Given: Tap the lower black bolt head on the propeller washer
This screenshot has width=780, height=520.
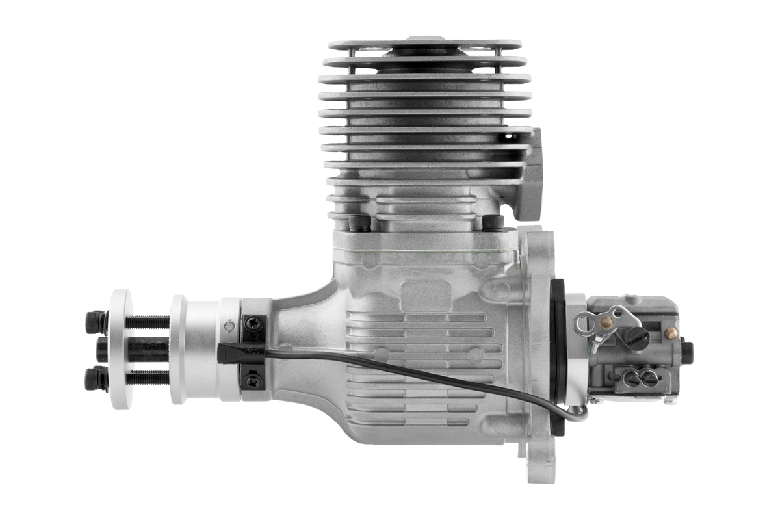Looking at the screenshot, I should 96,378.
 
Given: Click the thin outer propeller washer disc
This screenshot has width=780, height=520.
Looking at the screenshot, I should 120,350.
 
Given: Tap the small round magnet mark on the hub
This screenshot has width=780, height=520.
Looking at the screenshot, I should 227,326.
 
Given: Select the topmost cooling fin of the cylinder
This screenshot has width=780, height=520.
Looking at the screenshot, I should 425,45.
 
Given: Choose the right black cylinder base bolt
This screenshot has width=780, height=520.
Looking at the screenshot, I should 493,222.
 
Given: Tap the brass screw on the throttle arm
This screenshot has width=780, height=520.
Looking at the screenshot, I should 606,322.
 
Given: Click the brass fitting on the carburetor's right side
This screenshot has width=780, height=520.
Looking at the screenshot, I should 671,333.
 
